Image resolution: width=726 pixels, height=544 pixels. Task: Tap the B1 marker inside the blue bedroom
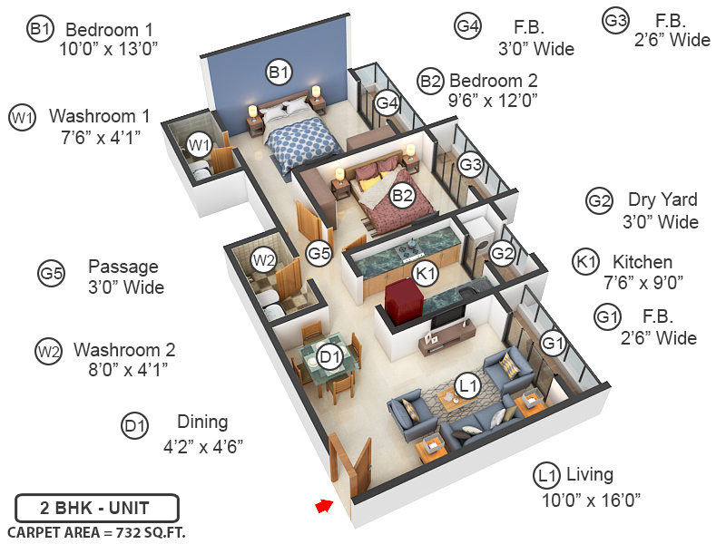click(279, 71)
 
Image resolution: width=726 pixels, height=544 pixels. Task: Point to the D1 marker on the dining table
click(331, 357)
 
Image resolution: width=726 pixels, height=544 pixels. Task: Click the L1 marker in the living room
click(467, 386)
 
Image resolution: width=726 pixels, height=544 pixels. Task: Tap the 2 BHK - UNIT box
click(97, 507)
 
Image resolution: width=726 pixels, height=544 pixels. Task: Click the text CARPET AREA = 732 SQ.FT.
click(96, 532)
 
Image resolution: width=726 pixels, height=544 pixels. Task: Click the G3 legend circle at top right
click(616, 19)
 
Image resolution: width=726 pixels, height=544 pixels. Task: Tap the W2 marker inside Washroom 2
click(263, 260)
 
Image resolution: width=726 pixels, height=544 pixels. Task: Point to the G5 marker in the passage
click(319, 254)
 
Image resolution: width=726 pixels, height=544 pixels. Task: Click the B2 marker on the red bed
click(402, 193)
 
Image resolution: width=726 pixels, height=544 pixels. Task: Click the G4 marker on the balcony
click(388, 102)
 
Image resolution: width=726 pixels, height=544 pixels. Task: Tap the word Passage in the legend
click(123, 267)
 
